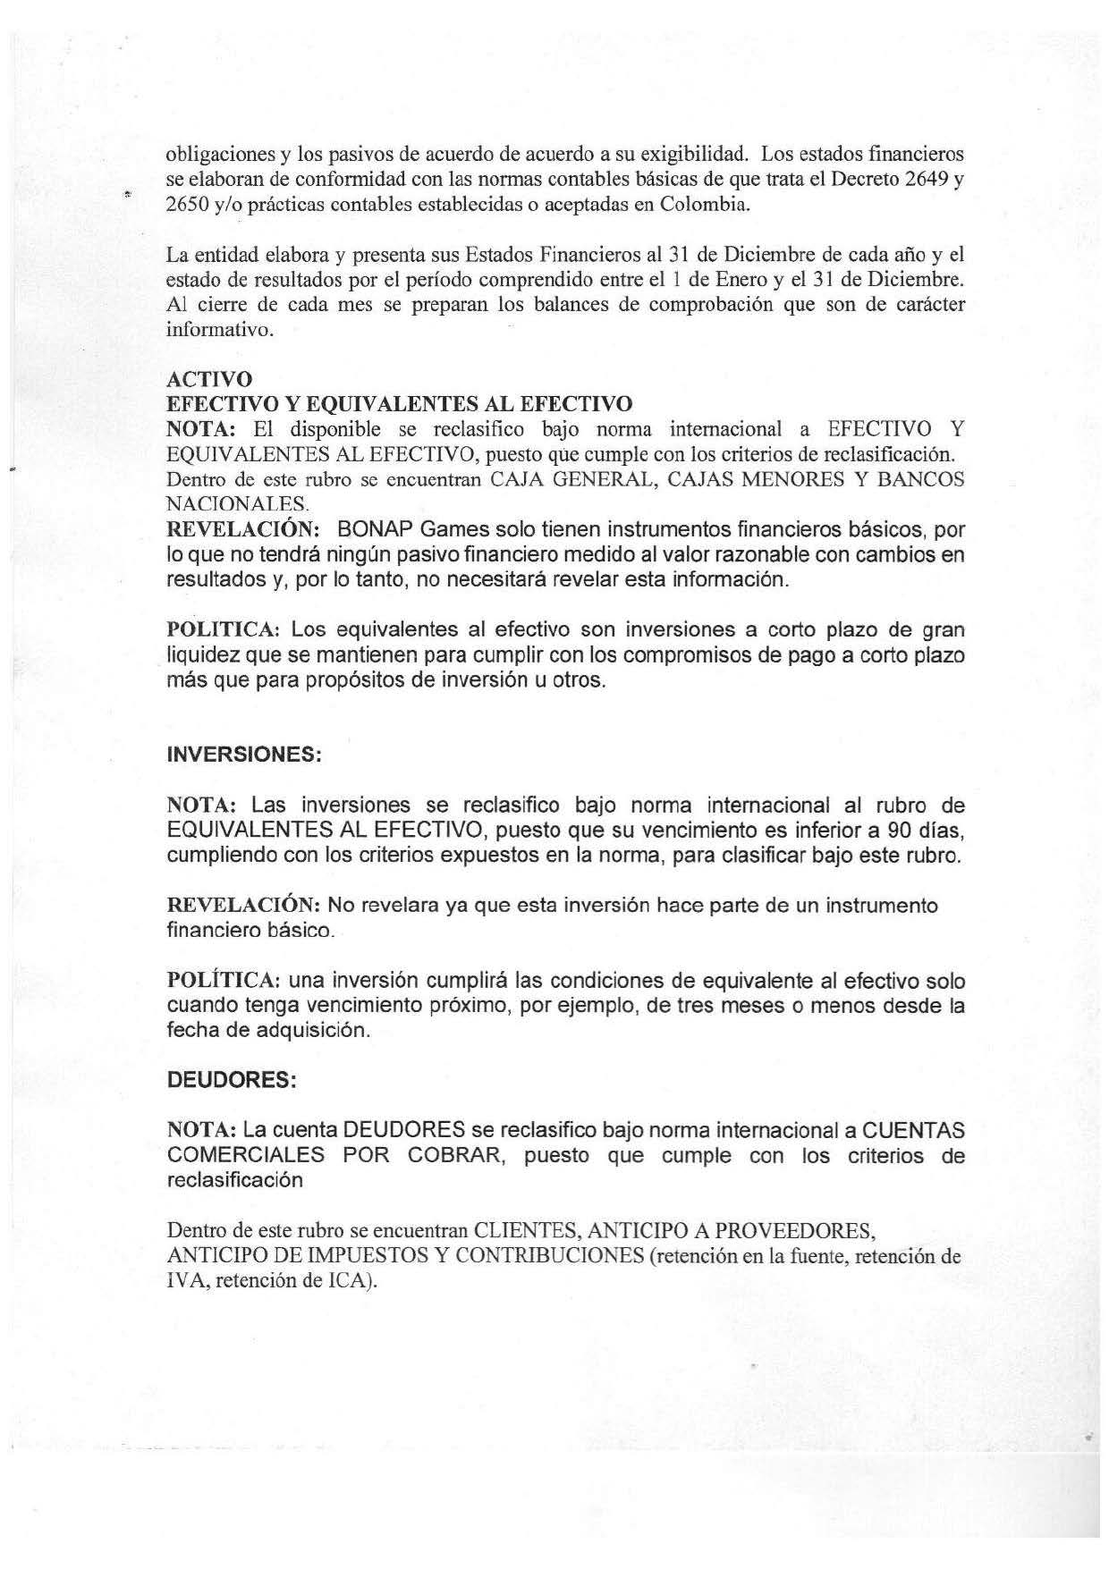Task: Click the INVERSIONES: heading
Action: tap(243, 755)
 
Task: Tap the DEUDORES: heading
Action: tap(231, 1080)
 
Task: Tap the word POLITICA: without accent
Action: tap(224, 630)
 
